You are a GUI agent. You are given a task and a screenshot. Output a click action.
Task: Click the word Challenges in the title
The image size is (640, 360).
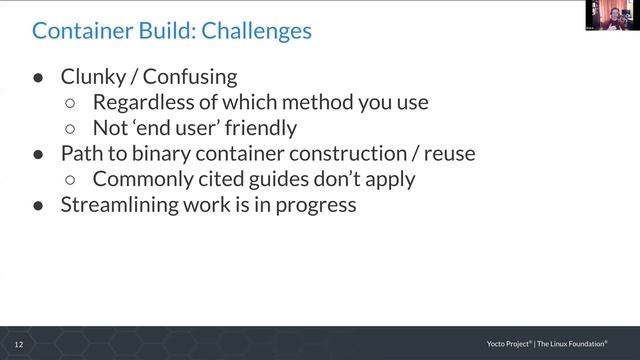(x=257, y=31)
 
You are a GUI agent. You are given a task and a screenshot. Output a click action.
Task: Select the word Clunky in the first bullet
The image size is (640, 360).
(x=93, y=76)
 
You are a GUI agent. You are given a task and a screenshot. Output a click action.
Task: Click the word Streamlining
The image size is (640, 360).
(x=121, y=206)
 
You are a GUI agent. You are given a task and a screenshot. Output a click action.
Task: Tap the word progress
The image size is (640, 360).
(x=314, y=206)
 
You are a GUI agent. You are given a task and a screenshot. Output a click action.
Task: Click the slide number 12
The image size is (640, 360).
(x=18, y=344)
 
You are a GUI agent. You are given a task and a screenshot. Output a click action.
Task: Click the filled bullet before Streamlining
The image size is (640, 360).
(x=38, y=206)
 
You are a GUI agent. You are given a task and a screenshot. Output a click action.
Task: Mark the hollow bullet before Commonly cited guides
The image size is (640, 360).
(x=70, y=180)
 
